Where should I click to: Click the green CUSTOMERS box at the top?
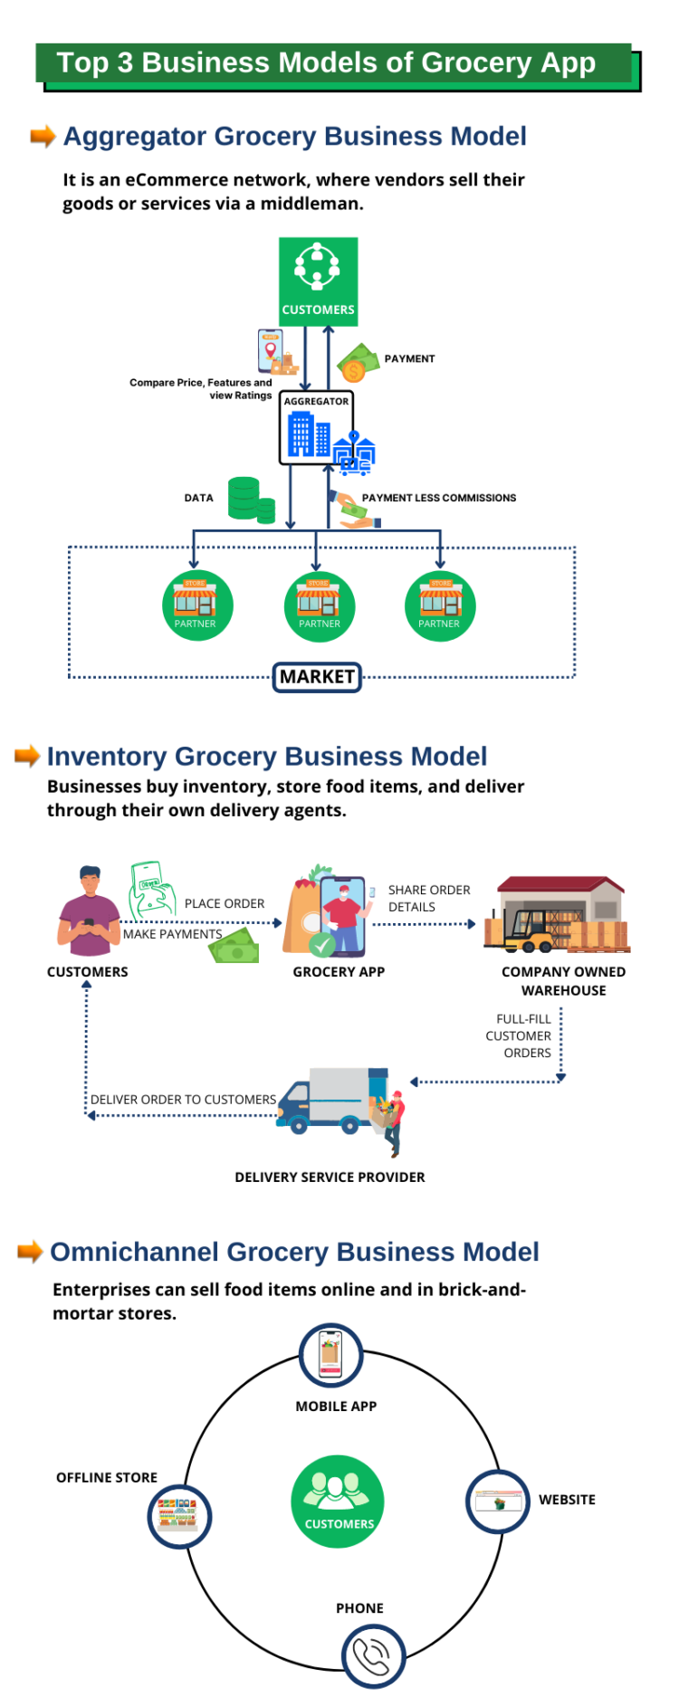click(x=318, y=281)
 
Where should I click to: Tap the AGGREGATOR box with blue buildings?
click(x=315, y=428)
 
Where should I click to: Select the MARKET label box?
click(x=317, y=677)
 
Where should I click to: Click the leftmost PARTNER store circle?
click(x=196, y=605)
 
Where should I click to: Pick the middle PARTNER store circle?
click(x=319, y=605)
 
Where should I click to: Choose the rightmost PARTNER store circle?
click(x=440, y=605)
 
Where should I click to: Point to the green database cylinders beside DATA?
click(x=250, y=500)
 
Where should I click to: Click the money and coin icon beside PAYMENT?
click(x=357, y=363)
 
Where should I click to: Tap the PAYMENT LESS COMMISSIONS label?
click(x=438, y=498)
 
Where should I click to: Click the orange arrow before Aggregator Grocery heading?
click(x=43, y=137)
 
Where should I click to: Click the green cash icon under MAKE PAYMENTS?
click(x=234, y=950)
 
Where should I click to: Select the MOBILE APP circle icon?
click(x=331, y=1355)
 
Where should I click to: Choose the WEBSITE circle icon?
click(x=497, y=1502)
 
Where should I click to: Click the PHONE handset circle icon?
click(x=373, y=1656)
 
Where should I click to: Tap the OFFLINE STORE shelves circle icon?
click(x=179, y=1516)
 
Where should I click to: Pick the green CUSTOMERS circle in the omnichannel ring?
click(x=338, y=1502)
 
